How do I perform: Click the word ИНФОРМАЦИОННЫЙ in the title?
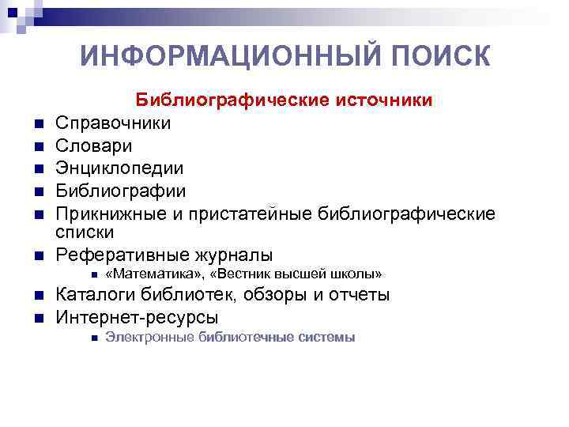click(x=205, y=57)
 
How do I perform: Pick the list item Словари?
click(x=94, y=146)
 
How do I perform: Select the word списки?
click(x=85, y=232)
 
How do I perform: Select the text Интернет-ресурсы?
click(x=137, y=317)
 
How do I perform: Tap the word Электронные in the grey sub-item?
click(x=149, y=338)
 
